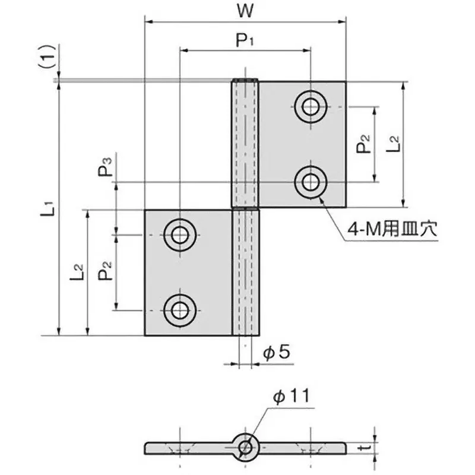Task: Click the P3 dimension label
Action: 105,168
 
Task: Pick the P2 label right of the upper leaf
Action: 364,144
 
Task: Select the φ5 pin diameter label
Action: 275,353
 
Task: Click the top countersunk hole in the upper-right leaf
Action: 310,107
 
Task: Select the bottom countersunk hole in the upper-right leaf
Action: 310,182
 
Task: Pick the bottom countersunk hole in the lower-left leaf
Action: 179,309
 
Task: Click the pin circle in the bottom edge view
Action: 245,446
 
